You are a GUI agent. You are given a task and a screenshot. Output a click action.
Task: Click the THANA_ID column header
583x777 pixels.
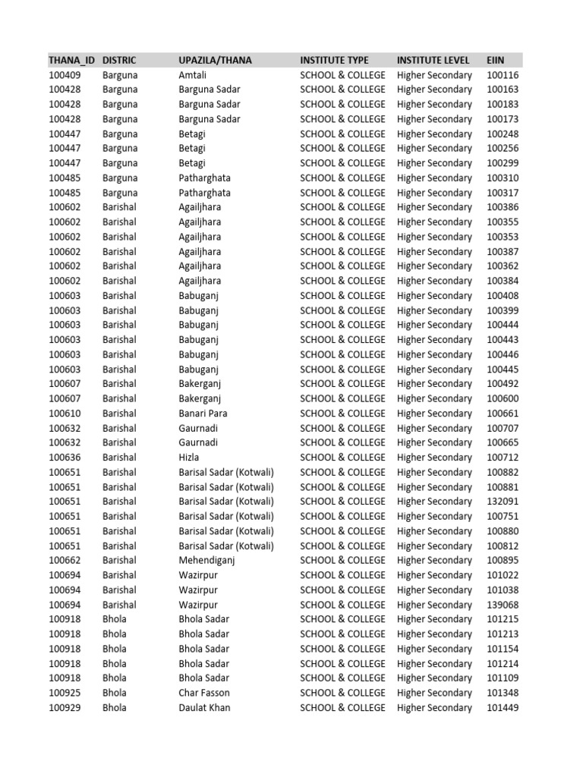pos(71,60)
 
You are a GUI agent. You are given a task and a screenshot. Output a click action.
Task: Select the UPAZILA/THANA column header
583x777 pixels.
pos(215,60)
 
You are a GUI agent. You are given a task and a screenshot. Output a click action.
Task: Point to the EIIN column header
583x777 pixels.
pos(495,60)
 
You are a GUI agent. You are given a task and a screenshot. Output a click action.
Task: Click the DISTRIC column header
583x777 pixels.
pos(120,60)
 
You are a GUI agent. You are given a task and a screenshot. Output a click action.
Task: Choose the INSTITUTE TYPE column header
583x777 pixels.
pos(334,60)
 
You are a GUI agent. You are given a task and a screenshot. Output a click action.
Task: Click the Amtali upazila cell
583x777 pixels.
pos(192,75)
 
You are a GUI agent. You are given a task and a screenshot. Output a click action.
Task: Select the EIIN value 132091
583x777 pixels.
pos(502,502)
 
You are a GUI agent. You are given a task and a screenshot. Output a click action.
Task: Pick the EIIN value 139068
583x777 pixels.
pos(502,605)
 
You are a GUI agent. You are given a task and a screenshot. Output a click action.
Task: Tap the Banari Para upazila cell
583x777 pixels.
pos(203,414)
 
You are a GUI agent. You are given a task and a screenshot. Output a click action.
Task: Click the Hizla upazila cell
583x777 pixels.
pos(189,458)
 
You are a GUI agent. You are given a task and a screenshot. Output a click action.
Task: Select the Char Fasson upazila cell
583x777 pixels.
pos(203,693)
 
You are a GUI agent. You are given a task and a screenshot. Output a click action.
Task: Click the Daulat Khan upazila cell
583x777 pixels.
pos(204,708)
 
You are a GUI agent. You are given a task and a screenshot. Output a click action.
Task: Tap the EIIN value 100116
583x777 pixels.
pos(502,75)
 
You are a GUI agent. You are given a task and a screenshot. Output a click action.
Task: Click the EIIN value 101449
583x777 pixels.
pos(502,708)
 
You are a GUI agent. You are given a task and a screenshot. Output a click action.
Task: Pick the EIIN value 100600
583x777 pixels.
pos(502,398)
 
